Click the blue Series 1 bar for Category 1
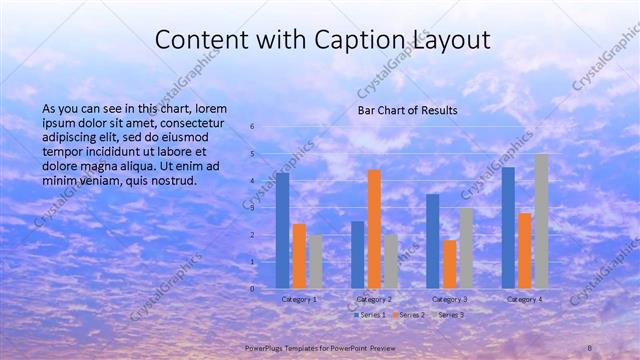(x=283, y=230)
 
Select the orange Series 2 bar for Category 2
(x=374, y=229)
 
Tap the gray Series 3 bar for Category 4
(x=541, y=221)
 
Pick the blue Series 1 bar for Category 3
(x=433, y=241)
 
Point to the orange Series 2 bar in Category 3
(x=450, y=264)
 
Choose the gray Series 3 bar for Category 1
(x=315, y=261)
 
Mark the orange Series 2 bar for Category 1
(x=299, y=256)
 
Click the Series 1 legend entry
(x=368, y=315)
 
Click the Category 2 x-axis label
(x=374, y=299)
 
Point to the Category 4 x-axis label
(x=525, y=299)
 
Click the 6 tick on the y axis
(x=253, y=127)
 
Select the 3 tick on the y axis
(x=253, y=208)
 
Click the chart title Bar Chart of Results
(x=407, y=109)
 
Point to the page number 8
(x=590, y=346)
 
